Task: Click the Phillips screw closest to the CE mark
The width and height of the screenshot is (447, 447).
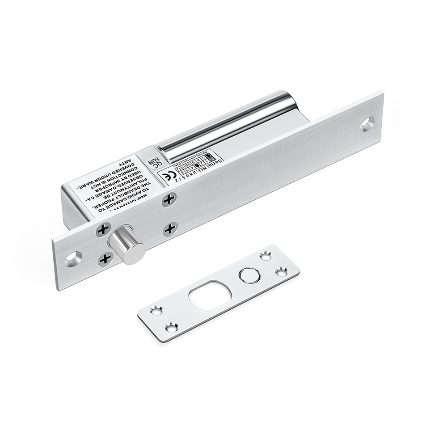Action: tap(169, 199)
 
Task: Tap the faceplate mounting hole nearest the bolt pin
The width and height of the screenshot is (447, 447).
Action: tap(74, 258)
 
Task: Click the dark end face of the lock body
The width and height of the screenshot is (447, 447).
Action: tap(76, 210)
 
